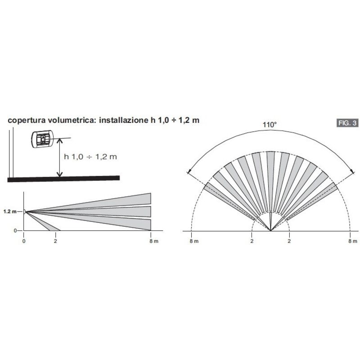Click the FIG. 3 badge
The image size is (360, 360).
[x=347, y=123]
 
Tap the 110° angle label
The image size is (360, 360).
[x=270, y=125]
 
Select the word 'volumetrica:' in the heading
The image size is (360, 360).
[x=73, y=120]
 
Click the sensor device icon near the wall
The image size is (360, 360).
[x=42, y=139]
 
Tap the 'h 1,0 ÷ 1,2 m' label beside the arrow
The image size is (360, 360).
[x=90, y=157]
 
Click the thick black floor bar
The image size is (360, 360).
[x=63, y=179]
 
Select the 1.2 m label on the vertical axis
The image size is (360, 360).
[x=10, y=211]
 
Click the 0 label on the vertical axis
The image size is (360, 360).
[x=15, y=230]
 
